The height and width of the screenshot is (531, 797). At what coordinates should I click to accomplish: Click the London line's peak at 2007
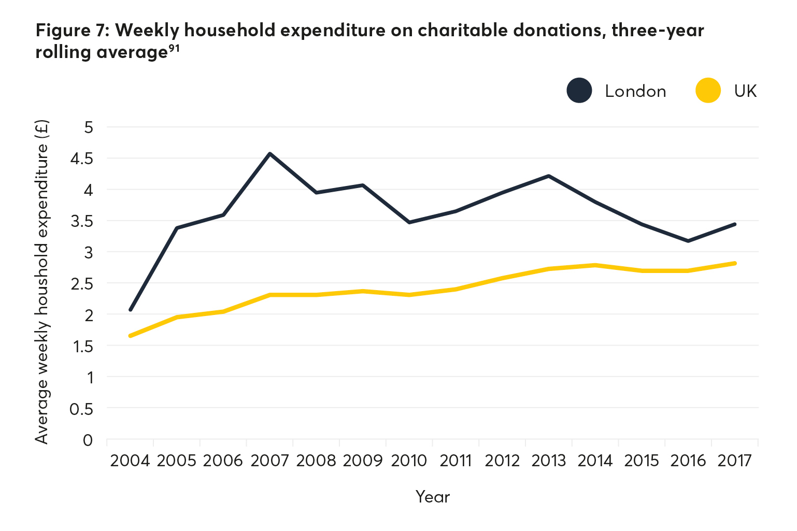[x=269, y=154]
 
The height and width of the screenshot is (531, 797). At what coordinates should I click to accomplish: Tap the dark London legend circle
[x=579, y=91]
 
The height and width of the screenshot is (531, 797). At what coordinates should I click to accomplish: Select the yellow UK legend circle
[x=708, y=91]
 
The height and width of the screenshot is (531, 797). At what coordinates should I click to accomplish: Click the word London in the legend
[x=635, y=91]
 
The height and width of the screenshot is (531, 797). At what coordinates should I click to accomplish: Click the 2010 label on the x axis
[x=409, y=461]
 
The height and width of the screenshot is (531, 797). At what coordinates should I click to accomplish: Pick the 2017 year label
[x=734, y=461]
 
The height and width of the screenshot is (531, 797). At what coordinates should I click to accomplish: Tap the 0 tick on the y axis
[x=88, y=440]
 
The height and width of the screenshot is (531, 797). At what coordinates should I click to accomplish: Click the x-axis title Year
[x=433, y=497]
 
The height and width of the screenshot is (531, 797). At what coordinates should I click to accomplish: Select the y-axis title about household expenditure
[x=41, y=282]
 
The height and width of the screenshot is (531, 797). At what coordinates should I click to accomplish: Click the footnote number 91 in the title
[x=174, y=48]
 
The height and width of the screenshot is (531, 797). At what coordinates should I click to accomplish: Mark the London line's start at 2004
[x=131, y=310]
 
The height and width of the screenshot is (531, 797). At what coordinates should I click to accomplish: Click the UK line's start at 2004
[x=130, y=336]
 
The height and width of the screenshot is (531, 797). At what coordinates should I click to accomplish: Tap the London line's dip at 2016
[x=688, y=241]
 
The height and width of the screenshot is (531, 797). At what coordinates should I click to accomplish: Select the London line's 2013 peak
[x=548, y=176]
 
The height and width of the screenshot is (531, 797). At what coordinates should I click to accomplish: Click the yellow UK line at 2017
[x=735, y=263]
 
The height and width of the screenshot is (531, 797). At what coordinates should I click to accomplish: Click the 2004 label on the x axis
[x=130, y=461]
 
